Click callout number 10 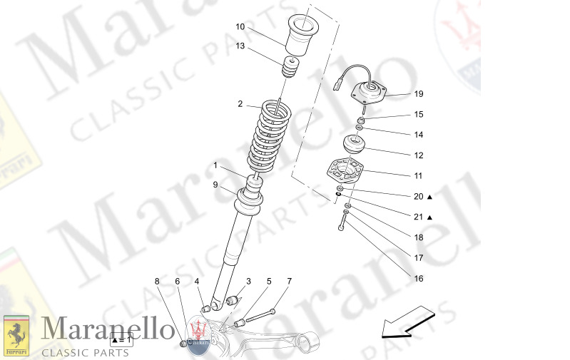point(240,27)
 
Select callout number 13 point(240,46)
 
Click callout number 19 point(419,94)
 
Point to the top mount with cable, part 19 point(370,93)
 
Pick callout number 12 point(419,155)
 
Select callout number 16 point(419,279)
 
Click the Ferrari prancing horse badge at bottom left point(16,336)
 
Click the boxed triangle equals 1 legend point(121,340)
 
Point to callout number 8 point(157,281)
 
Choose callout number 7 point(290,281)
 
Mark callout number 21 point(419,217)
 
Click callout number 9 point(215,185)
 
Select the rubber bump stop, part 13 point(290,68)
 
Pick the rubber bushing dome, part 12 point(355,144)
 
